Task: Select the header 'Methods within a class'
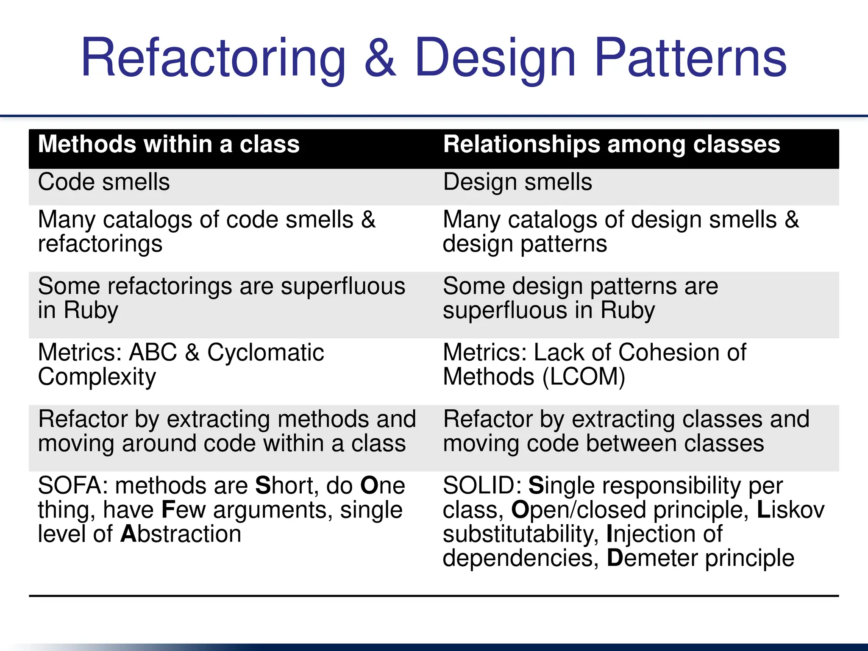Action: coord(169,144)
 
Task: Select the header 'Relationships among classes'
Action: coord(611,144)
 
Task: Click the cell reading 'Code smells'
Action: coord(104,182)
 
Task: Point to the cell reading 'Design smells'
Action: coord(517,182)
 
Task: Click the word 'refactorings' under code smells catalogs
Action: coord(100,244)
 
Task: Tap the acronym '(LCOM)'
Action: coord(584,377)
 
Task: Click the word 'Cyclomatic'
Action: coord(265,353)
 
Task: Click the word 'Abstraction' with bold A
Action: coord(181,534)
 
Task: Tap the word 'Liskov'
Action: coord(790,510)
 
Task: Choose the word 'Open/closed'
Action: coord(579,510)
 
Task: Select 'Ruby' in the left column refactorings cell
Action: coord(91,311)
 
